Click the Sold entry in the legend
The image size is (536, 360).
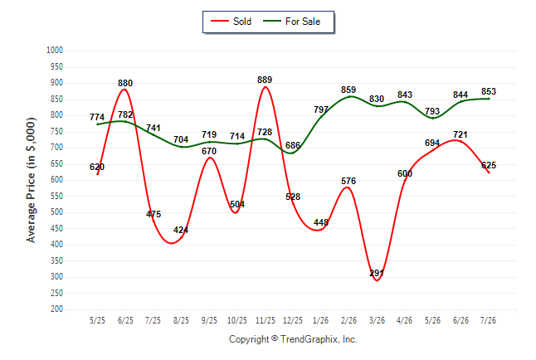231,22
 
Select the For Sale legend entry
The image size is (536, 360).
291,22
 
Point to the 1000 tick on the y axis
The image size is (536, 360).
55,51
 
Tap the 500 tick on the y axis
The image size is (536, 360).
56,212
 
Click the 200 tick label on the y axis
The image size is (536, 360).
56,309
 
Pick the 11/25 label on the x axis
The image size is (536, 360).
266,320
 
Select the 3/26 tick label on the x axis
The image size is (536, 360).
377,320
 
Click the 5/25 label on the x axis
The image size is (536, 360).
97,320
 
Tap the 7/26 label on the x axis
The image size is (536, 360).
488,320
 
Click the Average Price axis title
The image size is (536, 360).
31,180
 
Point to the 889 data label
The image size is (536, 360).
265,80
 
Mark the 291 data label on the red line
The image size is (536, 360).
377,273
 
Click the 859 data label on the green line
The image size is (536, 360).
348,90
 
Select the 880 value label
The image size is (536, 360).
125,83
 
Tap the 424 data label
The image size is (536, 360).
181,230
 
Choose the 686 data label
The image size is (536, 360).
293,145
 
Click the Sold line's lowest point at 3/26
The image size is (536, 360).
377,280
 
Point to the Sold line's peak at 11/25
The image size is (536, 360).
266,87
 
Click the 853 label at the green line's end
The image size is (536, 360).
489,91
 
